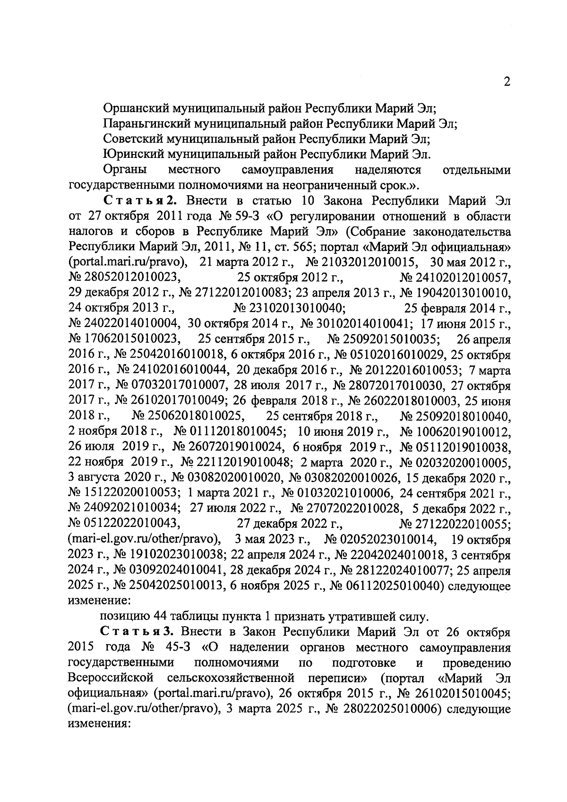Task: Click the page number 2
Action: (x=507, y=82)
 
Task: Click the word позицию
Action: (x=124, y=617)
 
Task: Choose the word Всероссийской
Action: (x=112, y=678)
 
